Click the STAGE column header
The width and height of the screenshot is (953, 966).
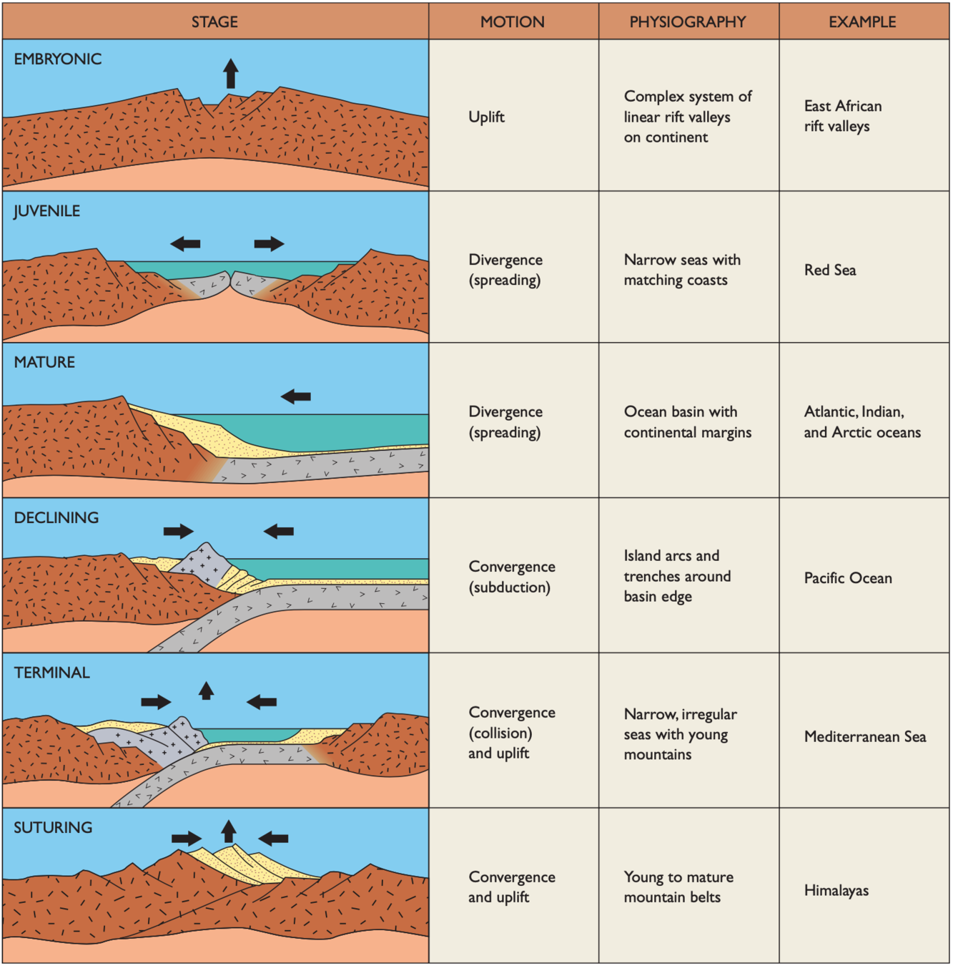point(214,21)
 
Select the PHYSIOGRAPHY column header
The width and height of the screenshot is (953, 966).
point(688,21)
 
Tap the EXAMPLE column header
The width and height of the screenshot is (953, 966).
point(862,21)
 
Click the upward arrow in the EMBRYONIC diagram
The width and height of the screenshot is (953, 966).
point(230,73)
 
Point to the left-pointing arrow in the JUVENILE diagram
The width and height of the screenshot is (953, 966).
point(185,244)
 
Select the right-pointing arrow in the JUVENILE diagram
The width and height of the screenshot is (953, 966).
point(269,244)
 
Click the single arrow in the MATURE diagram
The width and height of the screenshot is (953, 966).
point(295,396)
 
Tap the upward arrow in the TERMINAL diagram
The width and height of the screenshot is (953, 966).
point(206,691)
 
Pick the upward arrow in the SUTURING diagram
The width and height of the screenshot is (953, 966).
point(228,831)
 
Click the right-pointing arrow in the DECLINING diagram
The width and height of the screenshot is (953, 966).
point(178,531)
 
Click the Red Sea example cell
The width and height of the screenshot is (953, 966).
point(830,270)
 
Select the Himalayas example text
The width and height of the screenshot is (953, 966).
point(836,890)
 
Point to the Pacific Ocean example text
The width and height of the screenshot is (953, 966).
point(848,577)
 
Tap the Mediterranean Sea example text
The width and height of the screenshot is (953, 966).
point(865,736)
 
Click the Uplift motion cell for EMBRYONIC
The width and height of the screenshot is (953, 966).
point(486,117)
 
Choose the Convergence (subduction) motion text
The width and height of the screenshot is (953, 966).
point(512,576)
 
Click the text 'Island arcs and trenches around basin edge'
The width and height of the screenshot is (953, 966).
point(677,576)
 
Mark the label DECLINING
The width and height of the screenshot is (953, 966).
point(56,517)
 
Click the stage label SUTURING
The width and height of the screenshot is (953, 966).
point(53,827)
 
